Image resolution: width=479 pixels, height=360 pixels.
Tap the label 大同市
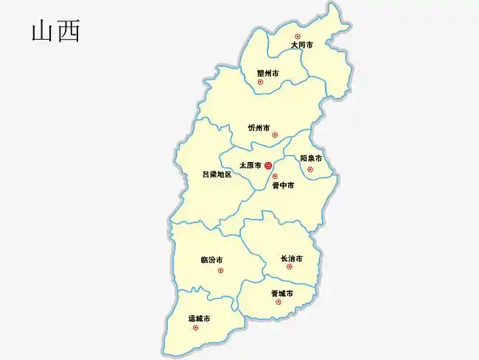click(x=301, y=45)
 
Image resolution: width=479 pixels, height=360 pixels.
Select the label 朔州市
click(x=268, y=73)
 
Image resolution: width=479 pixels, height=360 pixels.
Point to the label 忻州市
click(x=259, y=127)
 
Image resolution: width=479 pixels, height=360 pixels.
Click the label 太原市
click(x=251, y=166)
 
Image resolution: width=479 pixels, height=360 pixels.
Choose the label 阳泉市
click(x=311, y=158)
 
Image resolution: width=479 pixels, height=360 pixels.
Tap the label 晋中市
click(x=283, y=186)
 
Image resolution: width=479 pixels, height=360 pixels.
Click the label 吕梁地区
click(x=217, y=174)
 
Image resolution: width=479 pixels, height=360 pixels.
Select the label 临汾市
click(x=211, y=260)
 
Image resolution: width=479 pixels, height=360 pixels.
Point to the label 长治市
click(x=291, y=258)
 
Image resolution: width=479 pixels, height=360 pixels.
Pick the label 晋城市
click(x=282, y=294)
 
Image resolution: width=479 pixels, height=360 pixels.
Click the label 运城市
click(x=199, y=319)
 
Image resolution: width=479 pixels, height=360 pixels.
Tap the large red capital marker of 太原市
click(x=268, y=166)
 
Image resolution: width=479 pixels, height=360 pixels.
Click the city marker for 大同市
click(x=298, y=36)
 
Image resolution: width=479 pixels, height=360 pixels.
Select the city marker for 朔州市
click(x=260, y=82)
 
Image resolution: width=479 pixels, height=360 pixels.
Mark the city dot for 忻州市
click(x=275, y=135)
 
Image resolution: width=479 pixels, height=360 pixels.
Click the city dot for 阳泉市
click(x=310, y=169)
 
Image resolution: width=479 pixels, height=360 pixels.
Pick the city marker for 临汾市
click(x=220, y=270)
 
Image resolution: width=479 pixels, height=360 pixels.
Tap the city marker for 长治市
click(x=289, y=267)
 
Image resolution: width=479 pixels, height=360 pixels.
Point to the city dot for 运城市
click(x=195, y=328)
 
